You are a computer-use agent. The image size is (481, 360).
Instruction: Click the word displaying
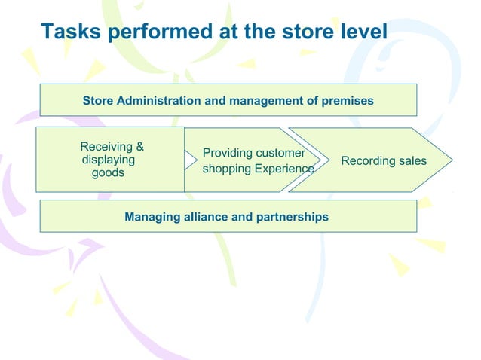(109, 160)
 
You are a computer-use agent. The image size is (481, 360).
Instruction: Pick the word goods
(108, 173)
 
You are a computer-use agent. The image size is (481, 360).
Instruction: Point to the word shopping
(226, 169)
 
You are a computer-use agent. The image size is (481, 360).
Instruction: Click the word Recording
(368, 161)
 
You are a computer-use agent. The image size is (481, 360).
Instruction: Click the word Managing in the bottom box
(150, 217)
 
